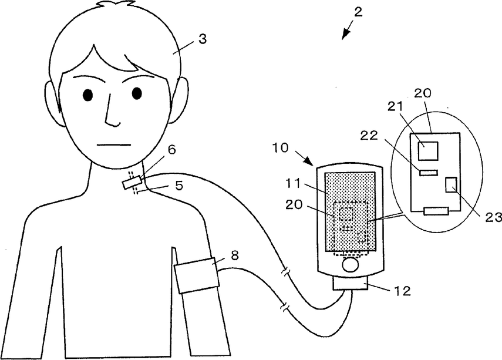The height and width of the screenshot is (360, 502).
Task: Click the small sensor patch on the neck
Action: coord(130,183)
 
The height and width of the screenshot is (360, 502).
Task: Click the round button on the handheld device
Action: coord(351,265)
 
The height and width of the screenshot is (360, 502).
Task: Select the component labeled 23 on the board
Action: coord(452,184)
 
